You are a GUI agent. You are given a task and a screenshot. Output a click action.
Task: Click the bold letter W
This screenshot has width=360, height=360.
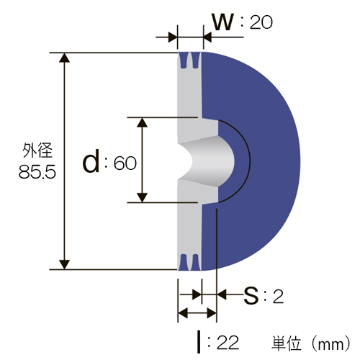(223, 22)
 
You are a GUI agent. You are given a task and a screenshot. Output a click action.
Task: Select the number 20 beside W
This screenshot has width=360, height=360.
(261, 22)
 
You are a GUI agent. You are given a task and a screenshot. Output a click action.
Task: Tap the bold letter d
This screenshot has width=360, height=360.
(91, 161)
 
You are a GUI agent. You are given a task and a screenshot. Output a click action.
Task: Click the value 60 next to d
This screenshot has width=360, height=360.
(125, 163)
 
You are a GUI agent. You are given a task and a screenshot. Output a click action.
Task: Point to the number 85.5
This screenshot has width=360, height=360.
(37, 172)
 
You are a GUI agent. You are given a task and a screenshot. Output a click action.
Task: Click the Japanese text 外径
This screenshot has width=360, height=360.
(37, 150)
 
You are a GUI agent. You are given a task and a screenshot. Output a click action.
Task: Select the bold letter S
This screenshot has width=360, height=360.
(251, 296)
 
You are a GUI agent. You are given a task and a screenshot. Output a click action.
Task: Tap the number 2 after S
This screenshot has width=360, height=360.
(278, 297)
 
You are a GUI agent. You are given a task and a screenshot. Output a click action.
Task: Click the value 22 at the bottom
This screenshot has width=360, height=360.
(228, 343)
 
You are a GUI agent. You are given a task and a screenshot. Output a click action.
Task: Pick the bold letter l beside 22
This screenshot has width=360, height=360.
(199, 342)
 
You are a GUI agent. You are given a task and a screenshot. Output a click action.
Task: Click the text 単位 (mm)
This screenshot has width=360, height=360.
(311, 343)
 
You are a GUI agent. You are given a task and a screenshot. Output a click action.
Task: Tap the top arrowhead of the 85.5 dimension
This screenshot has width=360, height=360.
(64, 58)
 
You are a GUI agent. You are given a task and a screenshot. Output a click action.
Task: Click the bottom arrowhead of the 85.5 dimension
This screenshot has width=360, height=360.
(64, 264)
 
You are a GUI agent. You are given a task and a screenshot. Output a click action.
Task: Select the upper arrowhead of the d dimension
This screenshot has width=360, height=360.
(143, 122)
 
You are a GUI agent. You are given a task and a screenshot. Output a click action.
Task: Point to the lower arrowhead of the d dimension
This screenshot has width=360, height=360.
(143, 197)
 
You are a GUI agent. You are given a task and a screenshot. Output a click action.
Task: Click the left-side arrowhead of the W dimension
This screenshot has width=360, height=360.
(173, 37)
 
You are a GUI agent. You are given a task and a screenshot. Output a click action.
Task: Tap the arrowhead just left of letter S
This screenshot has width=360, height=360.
(222, 294)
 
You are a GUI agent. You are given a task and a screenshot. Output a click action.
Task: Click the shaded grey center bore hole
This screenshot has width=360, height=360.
(207, 161)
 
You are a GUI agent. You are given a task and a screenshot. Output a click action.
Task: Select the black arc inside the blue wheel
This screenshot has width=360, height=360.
(250, 161)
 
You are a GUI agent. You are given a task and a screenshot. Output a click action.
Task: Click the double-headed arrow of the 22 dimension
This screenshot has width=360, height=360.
(197, 313)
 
